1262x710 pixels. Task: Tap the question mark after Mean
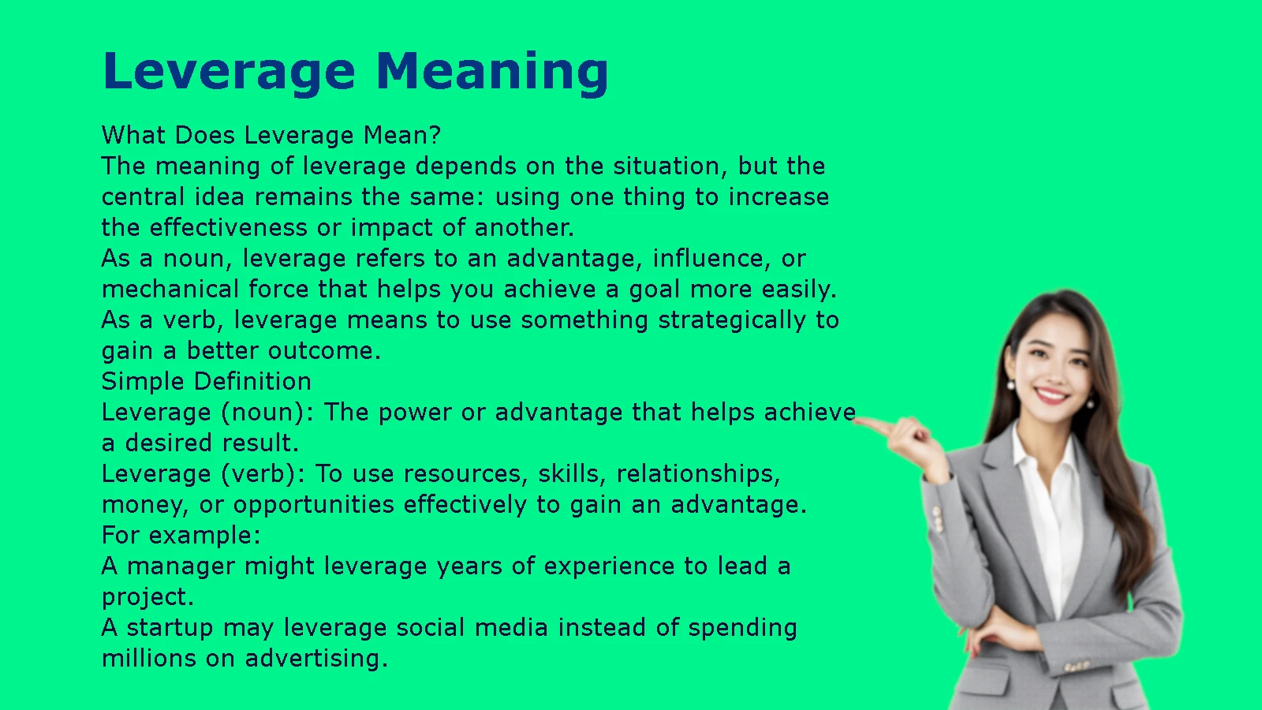point(435,135)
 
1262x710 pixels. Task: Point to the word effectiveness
point(227,227)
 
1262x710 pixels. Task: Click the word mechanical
point(170,289)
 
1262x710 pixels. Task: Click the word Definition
point(252,381)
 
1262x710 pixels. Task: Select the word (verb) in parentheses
point(263,474)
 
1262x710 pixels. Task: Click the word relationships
point(699,474)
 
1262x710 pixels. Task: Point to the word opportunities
point(314,505)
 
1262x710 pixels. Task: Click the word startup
point(170,628)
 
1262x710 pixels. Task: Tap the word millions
point(148,658)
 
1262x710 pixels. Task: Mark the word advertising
point(316,659)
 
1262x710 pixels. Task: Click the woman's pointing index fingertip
point(857,420)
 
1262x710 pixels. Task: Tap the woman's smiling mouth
point(1051,394)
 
